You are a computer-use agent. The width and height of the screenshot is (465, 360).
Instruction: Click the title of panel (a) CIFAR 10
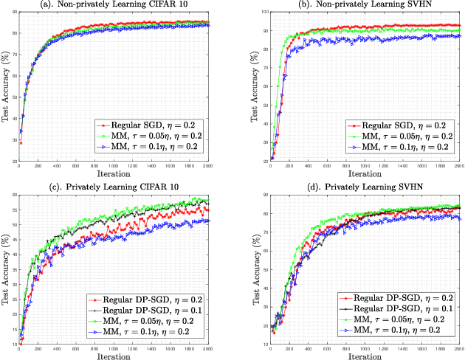pyautogui.click(x=114, y=6)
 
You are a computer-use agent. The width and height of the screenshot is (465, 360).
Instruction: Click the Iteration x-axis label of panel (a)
pyautogui.click(x=114, y=176)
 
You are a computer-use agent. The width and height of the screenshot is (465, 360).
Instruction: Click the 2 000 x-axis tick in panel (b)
pyautogui.click(x=458, y=168)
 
